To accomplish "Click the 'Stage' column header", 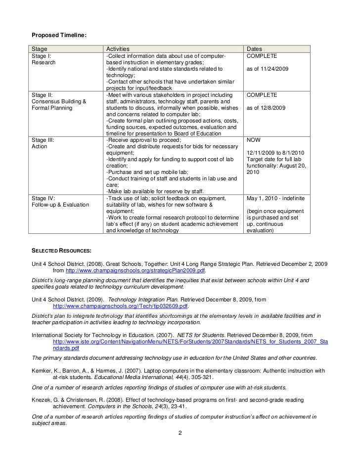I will pos(40,49).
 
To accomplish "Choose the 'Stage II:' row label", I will pos(43,94).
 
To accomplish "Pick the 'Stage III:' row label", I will pos(43,140).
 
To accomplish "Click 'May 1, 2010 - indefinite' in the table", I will pos(275,198).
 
